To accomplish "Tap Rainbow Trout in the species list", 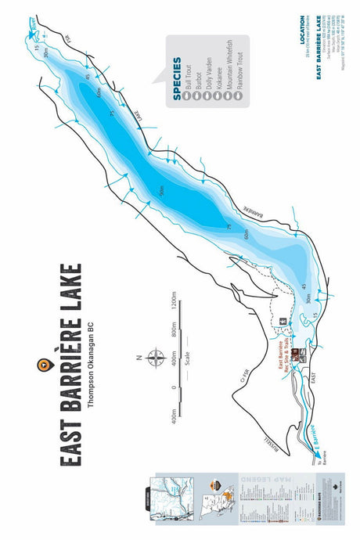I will click(x=238, y=74).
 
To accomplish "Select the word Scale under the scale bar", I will click(x=188, y=359).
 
